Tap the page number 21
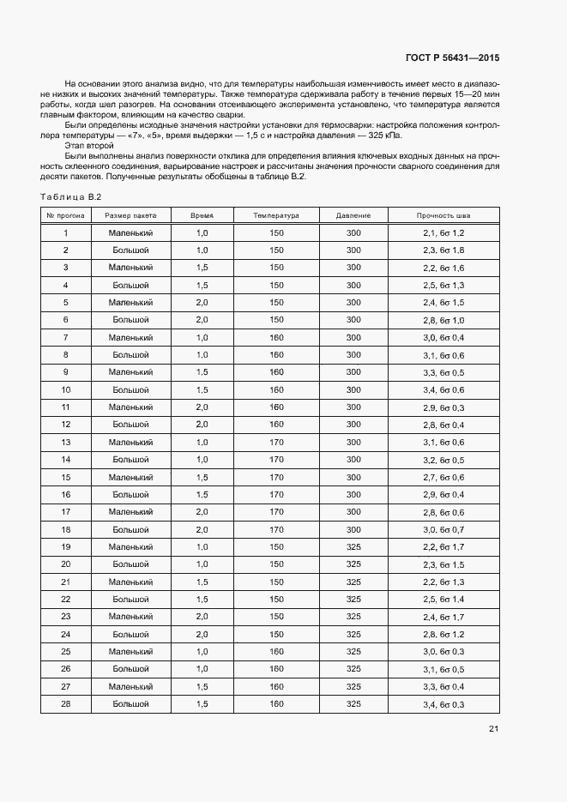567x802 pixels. click(x=493, y=729)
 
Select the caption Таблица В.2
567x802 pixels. click(x=66, y=199)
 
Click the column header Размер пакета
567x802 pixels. click(x=130, y=215)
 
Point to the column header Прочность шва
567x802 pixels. click(x=443, y=215)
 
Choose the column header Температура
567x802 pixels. click(x=276, y=215)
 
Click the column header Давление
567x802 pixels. click(x=353, y=215)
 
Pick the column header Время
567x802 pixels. click(x=202, y=215)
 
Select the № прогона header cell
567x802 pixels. click(x=65, y=215)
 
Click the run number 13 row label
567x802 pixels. click(x=65, y=442)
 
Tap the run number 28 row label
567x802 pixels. click(x=65, y=703)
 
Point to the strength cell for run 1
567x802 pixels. click(x=443, y=233)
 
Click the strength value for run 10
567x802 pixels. click(x=443, y=389)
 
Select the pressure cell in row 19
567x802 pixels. click(x=353, y=546)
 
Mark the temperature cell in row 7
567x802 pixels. click(x=276, y=337)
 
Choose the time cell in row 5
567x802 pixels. click(x=202, y=303)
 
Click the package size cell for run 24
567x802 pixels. click(x=130, y=634)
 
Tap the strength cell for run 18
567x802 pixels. click(x=443, y=529)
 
